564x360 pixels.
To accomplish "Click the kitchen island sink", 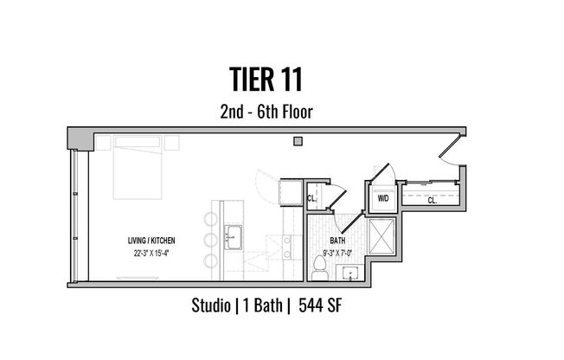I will pos(232,234).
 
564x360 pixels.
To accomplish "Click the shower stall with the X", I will pos(381,235).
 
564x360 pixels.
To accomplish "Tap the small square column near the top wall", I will pos(297,142).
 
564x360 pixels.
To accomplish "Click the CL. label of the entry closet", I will pos(432,200).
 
